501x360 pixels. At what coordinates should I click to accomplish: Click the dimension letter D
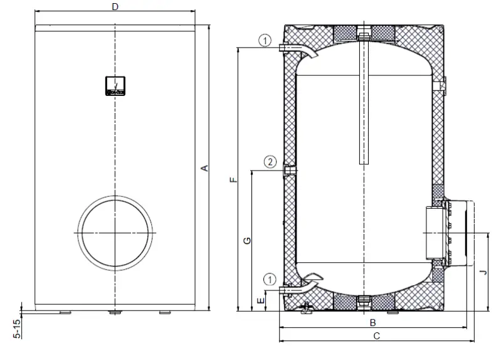pyautogui.click(x=115, y=6)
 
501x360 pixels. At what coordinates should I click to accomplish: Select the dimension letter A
pyautogui.click(x=203, y=168)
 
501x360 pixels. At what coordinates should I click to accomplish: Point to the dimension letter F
pyautogui.click(x=233, y=179)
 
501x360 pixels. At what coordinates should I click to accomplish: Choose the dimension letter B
pyautogui.click(x=372, y=322)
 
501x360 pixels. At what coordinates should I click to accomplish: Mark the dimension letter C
pyautogui.click(x=376, y=336)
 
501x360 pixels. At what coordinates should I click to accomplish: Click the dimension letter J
pyautogui.click(x=482, y=272)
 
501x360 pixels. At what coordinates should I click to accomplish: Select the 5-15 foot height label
pyautogui.click(x=18, y=329)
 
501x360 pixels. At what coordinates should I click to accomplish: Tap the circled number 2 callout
pyautogui.click(x=270, y=162)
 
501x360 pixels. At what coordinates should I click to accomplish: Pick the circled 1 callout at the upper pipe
pyautogui.click(x=265, y=41)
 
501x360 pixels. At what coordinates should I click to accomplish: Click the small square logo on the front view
pyautogui.click(x=115, y=87)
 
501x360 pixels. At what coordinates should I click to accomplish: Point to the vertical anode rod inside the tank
pyautogui.click(x=362, y=100)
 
